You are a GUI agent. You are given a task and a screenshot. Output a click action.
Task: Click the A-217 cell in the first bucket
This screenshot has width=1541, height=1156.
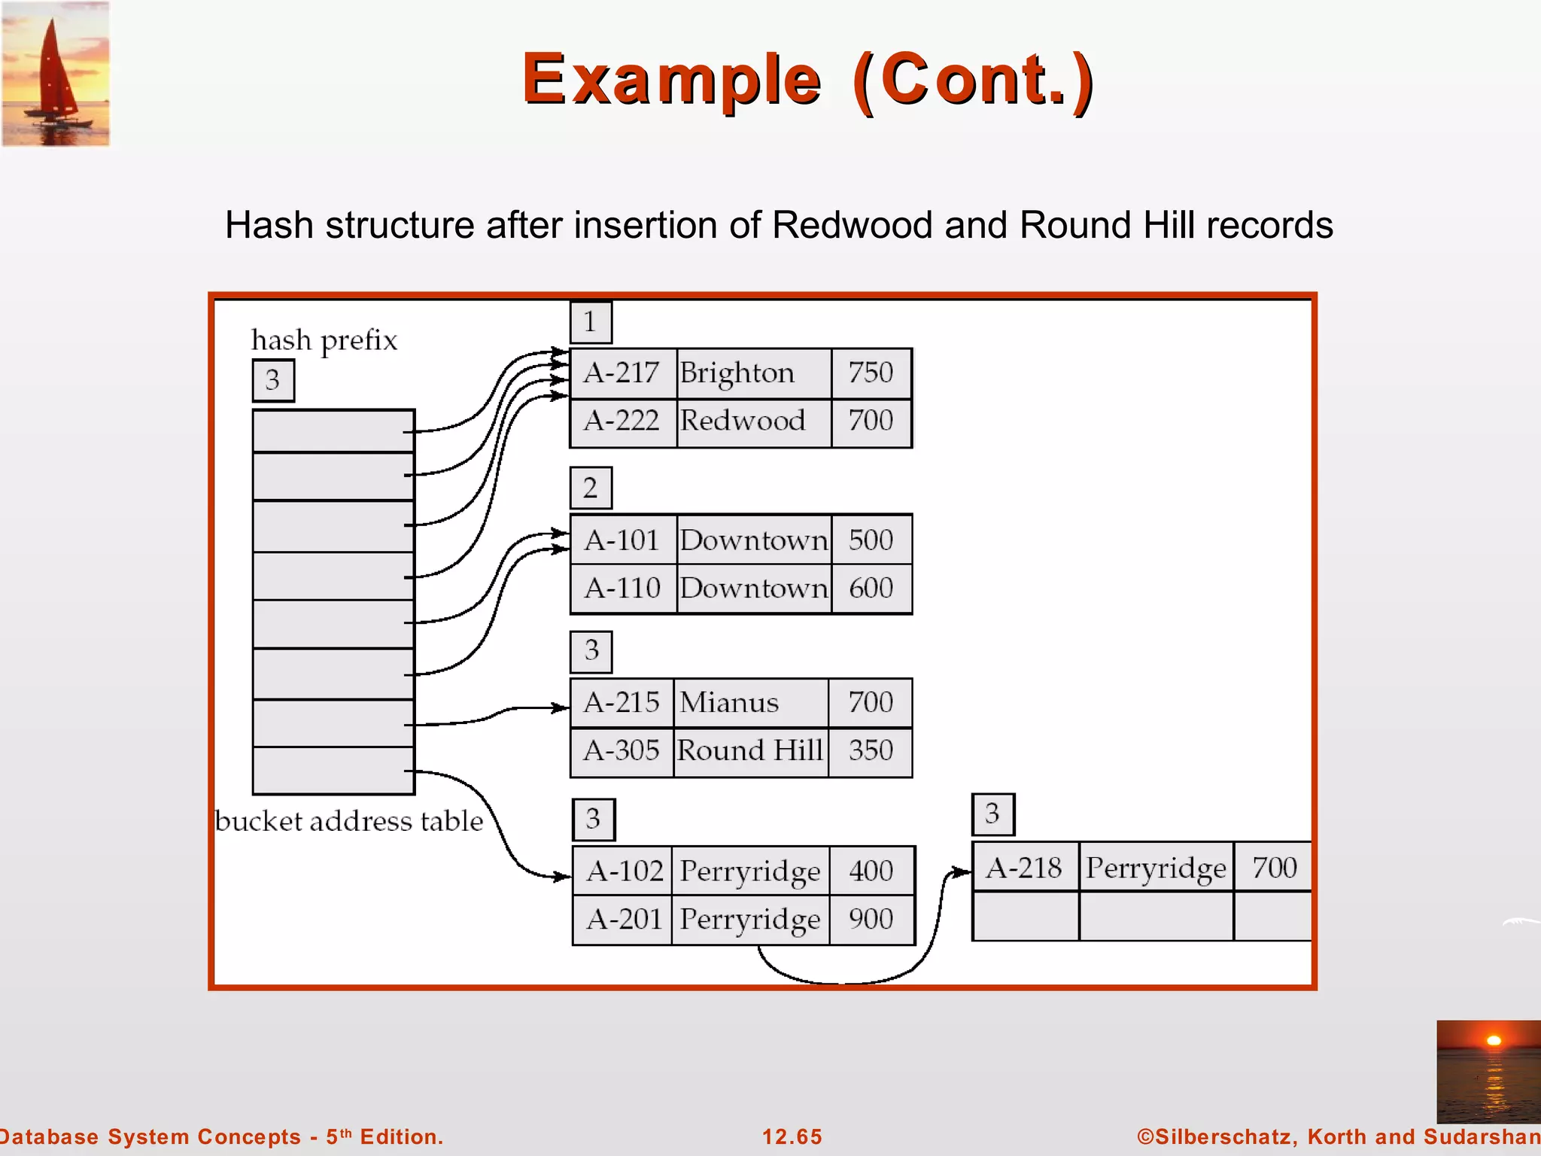pyautogui.click(x=622, y=373)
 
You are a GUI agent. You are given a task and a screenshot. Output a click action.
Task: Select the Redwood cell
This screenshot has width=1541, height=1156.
pyautogui.click(x=743, y=421)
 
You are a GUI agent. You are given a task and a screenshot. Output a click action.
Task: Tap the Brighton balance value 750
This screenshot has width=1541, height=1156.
pyautogui.click(x=871, y=373)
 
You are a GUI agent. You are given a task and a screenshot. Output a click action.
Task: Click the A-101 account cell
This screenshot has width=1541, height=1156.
pyautogui.click(x=622, y=540)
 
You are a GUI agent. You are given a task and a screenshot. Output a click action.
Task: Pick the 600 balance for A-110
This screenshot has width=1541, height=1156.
pyautogui.click(x=871, y=589)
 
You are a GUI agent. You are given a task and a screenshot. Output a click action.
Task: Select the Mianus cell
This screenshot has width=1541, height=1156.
pyautogui.click(x=729, y=703)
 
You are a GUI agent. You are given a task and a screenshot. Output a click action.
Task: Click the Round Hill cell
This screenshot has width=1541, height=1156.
pyautogui.click(x=750, y=751)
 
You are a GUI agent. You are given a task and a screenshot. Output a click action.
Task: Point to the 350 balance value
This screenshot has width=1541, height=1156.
pyautogui.click(x=871, y=751)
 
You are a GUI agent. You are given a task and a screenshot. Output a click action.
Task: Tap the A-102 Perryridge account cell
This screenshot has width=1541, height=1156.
pyautogui.click(x=625, y=872)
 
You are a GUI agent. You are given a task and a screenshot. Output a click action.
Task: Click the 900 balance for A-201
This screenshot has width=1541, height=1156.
pyautogui.click(x=871, y=920)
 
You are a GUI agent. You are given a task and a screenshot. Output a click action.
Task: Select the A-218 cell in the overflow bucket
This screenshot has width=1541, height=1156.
pyautogui.click(x=1023, y=869)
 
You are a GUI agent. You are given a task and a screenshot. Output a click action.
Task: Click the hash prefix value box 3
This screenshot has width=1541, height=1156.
pyautogui.click(x=272, y=380)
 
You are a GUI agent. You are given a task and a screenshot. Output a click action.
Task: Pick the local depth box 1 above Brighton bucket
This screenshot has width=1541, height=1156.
pyautogui.click(x=591, y=322)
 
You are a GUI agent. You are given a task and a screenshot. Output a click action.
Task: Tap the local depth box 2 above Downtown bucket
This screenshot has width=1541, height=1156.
pyautogui.click(x=591, y=488)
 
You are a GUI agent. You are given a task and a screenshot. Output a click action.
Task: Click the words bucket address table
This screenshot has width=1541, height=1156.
pyautogui.click(x=349, y=821)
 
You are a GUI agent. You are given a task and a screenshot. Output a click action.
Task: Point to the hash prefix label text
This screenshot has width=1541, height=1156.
pyautogui.click(x=324, y=340)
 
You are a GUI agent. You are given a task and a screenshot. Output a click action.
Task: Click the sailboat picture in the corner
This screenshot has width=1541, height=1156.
pyautogui.click(x=56, y=74)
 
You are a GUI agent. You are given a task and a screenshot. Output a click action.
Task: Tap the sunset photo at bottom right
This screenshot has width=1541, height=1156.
pyautogui.click(x=1488, y=1071)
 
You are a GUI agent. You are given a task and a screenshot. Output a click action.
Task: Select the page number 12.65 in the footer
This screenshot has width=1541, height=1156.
pyautogui.click(x=792, y=1136)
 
